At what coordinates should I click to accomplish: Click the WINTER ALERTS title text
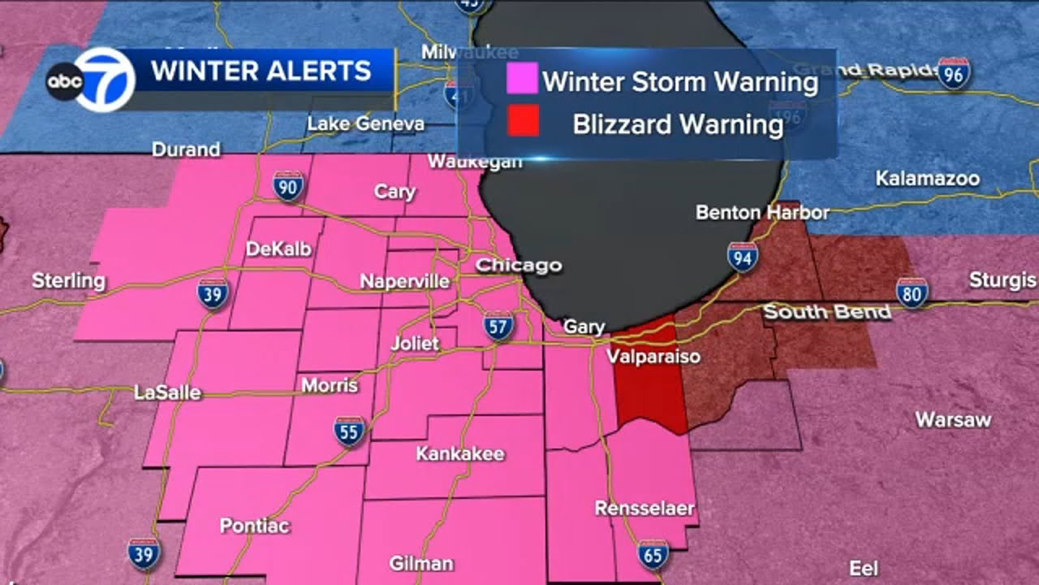point(261,71)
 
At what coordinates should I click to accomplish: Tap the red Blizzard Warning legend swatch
point(522,123)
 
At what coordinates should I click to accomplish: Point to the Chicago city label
point(518,265)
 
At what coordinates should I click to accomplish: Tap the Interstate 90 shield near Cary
point(288,186)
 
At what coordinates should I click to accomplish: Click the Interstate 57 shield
point(498,325)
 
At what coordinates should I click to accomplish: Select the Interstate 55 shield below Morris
point(349,432)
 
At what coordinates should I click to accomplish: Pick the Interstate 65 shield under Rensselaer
point(653,555)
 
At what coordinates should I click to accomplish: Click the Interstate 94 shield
point(743,257)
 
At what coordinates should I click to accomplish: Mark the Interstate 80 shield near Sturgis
point(912,292)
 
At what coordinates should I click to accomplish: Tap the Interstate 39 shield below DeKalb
point(213,293)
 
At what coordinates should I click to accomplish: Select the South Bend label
point(827,312)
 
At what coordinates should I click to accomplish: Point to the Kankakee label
point(460,453)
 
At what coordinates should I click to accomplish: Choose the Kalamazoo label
point(927,178)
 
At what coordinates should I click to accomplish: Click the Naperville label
point(404,281)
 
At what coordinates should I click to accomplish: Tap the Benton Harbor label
point(762,212)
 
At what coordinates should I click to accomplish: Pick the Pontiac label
point(254,526)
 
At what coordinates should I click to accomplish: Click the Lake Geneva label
point(365,123)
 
